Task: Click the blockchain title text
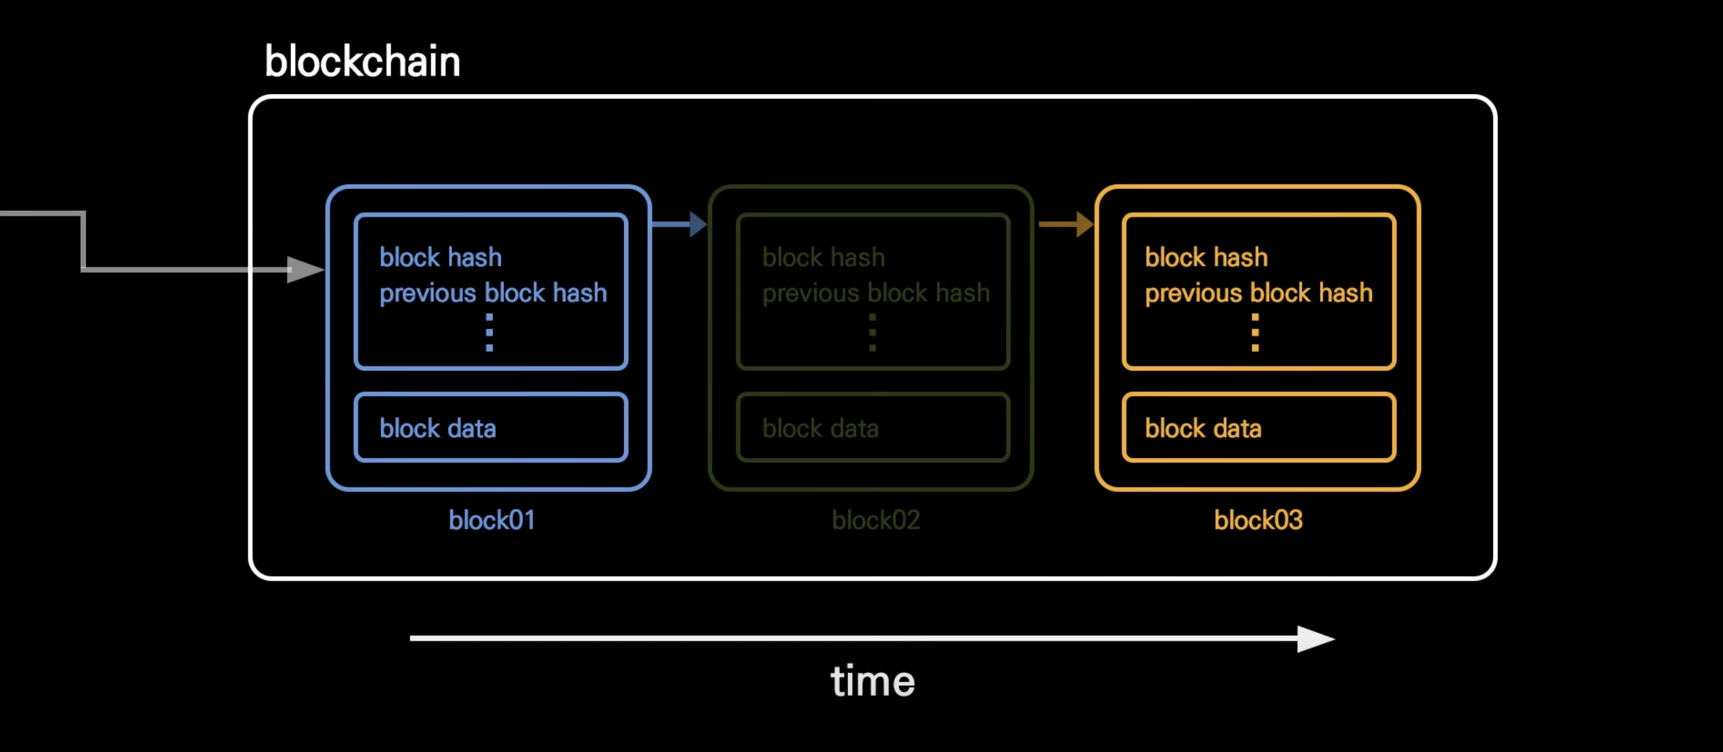362,61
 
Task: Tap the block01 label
492,520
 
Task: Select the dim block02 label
876,520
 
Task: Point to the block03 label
1258,520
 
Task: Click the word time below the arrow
872,681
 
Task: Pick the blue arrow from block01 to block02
679,224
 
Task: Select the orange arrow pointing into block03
1066,224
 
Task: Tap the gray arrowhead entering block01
305,270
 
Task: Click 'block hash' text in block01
440,257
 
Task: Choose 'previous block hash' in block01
493,293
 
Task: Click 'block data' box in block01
491,427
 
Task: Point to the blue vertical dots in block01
489,332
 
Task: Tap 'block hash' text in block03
1206,257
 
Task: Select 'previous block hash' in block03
1259,293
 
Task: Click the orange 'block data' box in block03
1259,427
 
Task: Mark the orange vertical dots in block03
1255,332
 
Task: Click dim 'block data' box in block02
873,427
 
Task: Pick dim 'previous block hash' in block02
876,293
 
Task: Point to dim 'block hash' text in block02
823,257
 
